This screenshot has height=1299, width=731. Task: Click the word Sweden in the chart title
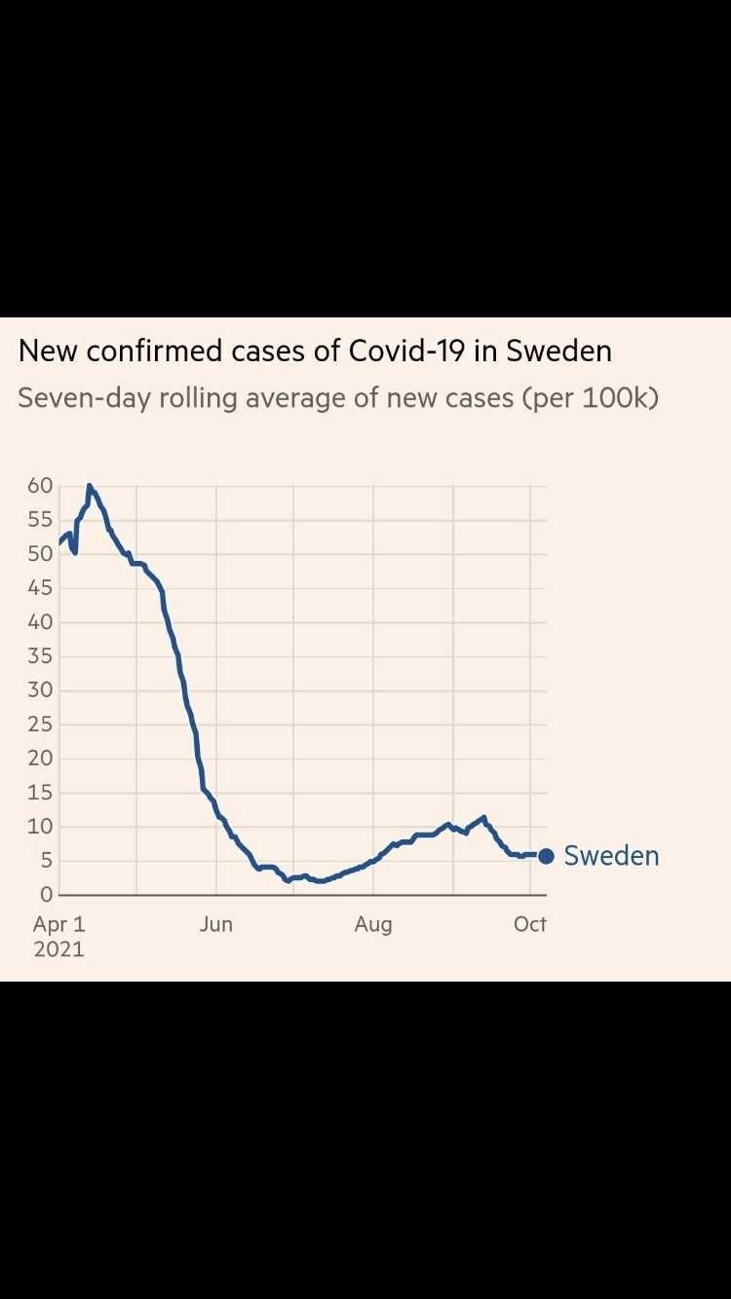click(558, 352)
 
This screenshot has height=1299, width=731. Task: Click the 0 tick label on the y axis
click(45, 895)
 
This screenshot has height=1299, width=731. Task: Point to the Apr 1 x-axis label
click(59, 924)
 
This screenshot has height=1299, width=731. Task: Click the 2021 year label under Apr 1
click(59, 948)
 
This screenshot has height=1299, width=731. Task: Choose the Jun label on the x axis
click(216, 924)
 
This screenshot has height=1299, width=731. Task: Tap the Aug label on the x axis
click(373, 924)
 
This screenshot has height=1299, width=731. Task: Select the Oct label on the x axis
click(529, 924)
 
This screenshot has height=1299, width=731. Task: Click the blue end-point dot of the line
click(546, 856)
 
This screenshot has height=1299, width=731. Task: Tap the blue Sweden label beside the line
click(611, 856)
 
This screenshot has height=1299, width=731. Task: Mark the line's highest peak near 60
click(89, 486)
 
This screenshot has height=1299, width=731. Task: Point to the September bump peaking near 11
click(483, 818)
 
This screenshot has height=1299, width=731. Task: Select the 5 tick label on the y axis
click(45, 861)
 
